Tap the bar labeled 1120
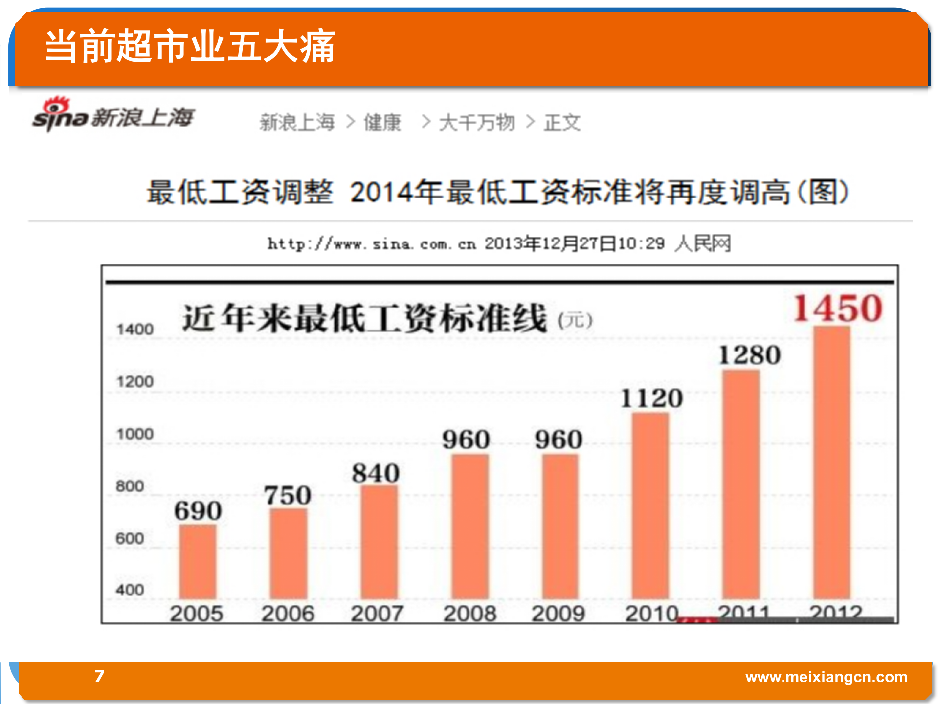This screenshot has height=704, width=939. (650, 506)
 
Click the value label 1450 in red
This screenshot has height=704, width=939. (838, 309)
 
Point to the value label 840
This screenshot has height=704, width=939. (376, 473)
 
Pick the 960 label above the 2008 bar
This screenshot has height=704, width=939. (466, 439)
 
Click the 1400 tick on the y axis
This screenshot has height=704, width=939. (135, 329)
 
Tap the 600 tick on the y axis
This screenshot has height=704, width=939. (130, 538)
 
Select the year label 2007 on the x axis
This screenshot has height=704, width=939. (377, 613)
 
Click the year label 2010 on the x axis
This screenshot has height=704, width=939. (652, 613)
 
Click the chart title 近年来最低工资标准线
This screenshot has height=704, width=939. (364, 318)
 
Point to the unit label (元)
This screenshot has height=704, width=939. (575, 320)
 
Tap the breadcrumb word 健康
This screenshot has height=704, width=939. (382, 122)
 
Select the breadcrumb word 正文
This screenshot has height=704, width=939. (562, 122)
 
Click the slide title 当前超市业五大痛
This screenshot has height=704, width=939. (190, 46)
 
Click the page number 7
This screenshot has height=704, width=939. (99, 676)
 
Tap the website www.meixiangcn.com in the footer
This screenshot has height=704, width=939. (826, 677)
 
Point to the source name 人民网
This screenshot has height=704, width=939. (702, 243)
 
